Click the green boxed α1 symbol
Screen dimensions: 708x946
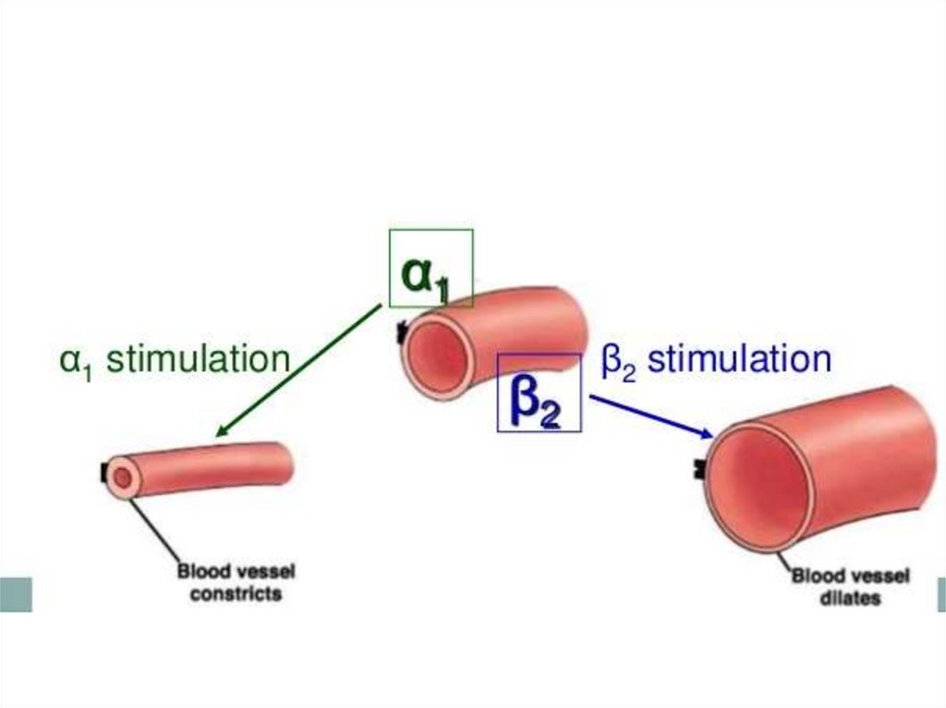pos(431,269)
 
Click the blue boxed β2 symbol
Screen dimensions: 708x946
pos(539,393)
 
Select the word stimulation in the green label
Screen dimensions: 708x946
pos(198,358)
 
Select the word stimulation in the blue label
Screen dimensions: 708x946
pos(738,358)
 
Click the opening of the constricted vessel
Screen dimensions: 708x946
pos(122,477)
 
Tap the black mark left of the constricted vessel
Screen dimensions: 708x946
pos(103,473)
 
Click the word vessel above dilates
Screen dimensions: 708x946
pos(878,577)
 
